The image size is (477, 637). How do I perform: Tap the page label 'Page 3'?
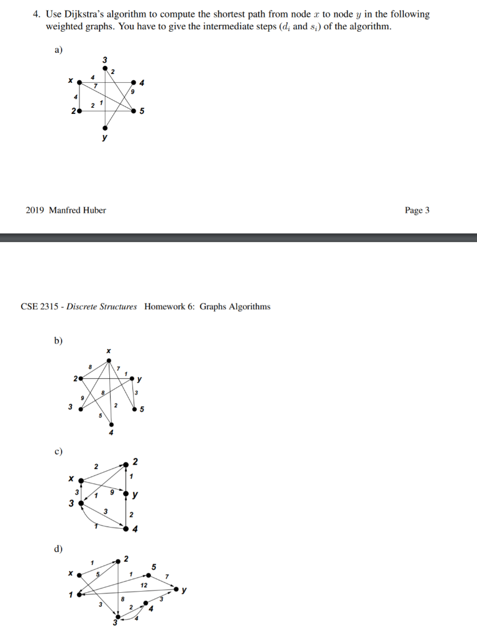point(417,210)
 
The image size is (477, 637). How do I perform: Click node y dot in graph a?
point(105,127)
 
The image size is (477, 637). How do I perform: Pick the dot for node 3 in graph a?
point(105,67)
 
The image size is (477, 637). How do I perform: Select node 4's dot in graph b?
point(111,424)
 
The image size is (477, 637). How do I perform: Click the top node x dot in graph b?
point(109,360)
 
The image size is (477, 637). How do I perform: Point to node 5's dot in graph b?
point(135,409)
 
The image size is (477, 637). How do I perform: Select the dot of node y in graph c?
point(127,496)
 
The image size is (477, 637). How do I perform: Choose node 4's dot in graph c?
point(127,529)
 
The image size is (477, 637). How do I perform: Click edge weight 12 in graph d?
point(144,585)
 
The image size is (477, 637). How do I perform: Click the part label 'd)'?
point(58,549)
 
